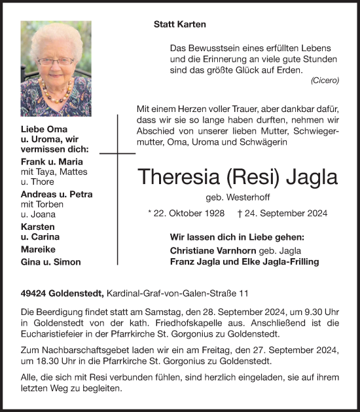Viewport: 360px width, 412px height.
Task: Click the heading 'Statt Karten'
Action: click(x=179, y=24)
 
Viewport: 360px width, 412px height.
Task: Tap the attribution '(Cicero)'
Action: click(x=325, y=81)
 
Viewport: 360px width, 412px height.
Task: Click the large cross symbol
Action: click(x=118, y=154)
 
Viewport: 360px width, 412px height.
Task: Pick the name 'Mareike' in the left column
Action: click(x=39, y=250)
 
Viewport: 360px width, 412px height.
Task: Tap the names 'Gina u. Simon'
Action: click(x=51, y=262)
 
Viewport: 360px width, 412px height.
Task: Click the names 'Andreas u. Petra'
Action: click(x=57, y=195)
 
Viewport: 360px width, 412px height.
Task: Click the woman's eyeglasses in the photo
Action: click(x=57, y=61)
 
